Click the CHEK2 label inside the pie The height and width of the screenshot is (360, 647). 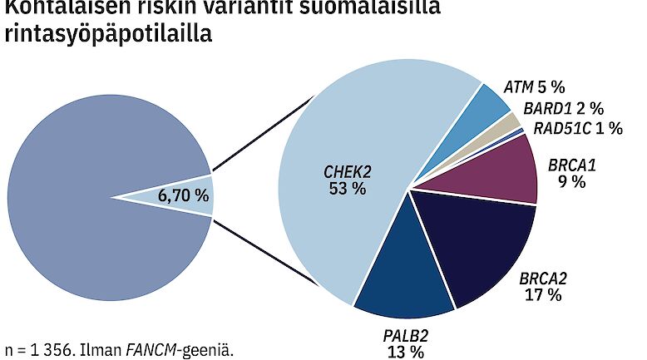click(x=347, y=171)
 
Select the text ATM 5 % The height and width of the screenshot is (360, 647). click(x=536, y=86)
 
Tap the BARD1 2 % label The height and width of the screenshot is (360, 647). click(x=563, y=108)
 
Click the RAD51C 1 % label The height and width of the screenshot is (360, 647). click(x=567, y=128)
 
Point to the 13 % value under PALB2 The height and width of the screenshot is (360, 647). click(x=406, y=352)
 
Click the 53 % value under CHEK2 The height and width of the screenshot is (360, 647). click(x=347, y=189)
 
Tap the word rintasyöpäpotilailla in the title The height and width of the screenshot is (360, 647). click(x=108, y=35)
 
